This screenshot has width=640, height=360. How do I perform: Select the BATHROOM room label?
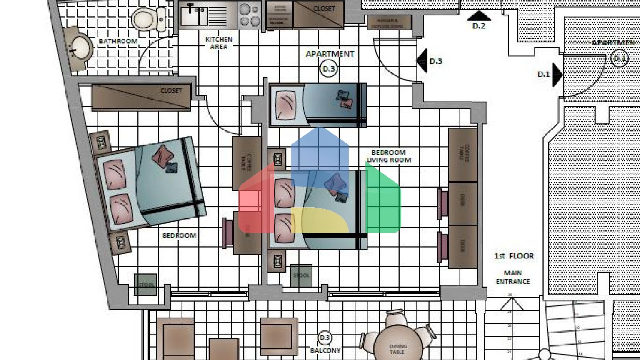pos(118,41)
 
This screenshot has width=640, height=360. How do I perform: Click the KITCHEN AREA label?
pos(219,43)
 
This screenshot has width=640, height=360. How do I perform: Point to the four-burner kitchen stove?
pos(250,15)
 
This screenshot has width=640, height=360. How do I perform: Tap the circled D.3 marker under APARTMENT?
pos(329,69)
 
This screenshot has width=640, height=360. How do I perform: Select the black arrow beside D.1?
pos(557,75)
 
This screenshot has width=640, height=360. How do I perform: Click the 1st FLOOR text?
pos(514,256)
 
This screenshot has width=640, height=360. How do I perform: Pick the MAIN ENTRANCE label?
pos(512,277)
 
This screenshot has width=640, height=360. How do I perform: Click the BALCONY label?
pos(325,350)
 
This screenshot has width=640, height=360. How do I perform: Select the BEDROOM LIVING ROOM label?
pos(388,156)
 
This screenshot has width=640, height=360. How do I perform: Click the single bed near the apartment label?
pos(317,105)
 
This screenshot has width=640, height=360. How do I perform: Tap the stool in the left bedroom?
pos(145,285)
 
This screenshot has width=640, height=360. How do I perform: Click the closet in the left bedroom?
pos(141,97)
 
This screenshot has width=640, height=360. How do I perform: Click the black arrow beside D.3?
pos(422,61)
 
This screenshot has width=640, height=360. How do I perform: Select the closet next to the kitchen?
pos(318,15)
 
